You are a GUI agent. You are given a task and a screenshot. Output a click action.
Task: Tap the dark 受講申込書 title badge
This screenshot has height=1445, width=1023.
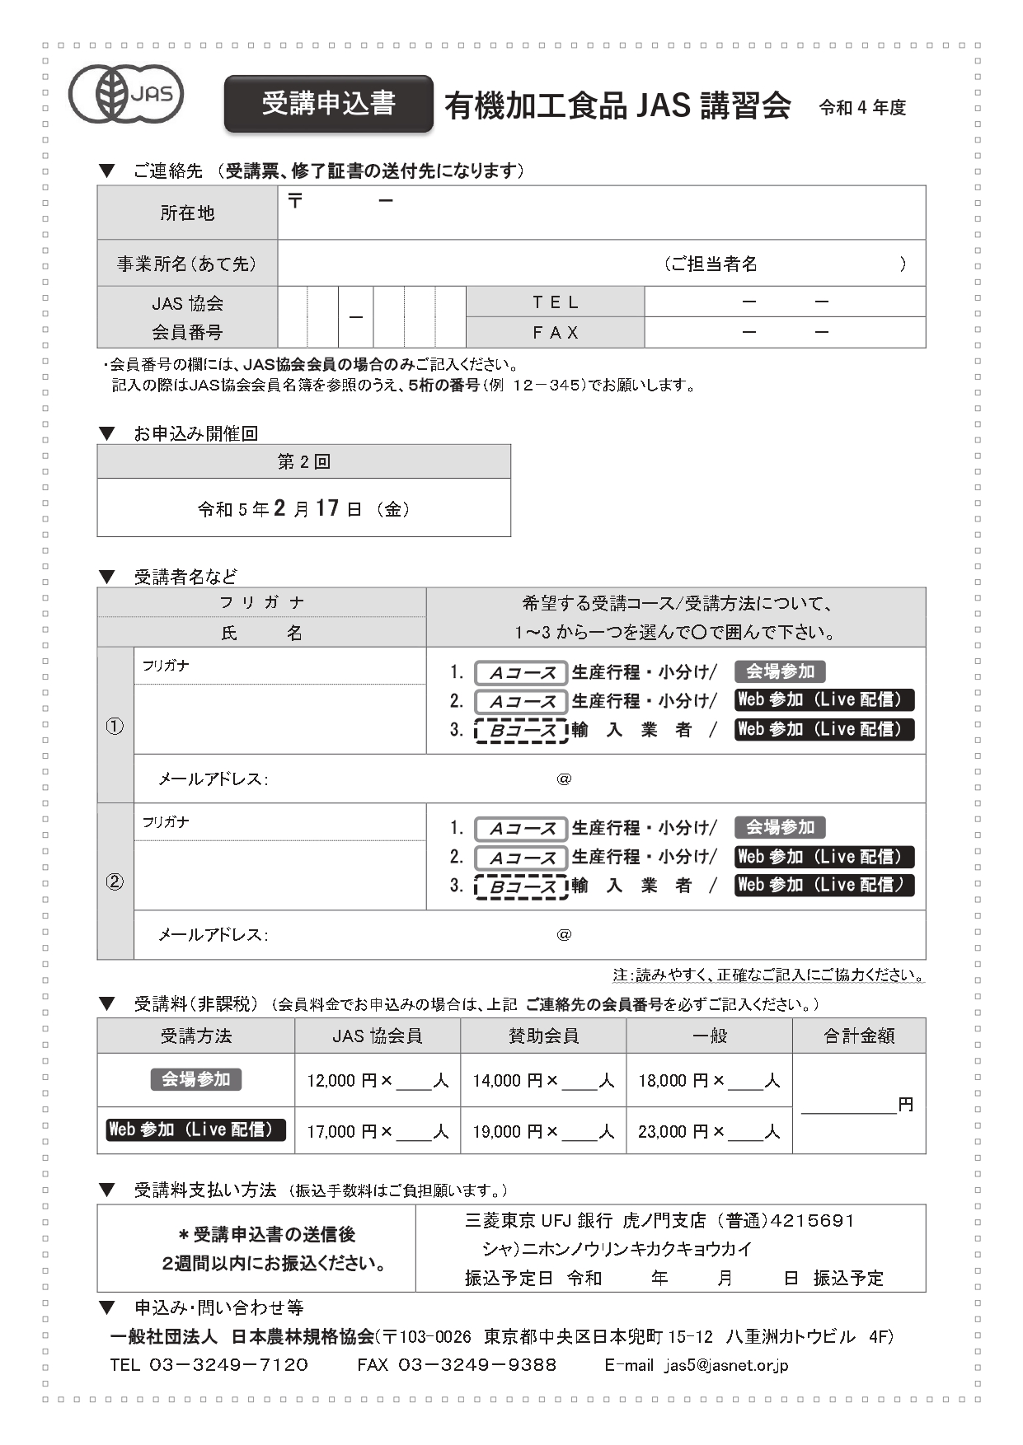pos(328,104)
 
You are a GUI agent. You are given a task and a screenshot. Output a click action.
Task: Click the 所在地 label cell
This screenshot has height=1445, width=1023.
pos(187,213)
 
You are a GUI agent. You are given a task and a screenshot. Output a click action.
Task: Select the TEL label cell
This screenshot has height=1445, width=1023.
pos(555,302)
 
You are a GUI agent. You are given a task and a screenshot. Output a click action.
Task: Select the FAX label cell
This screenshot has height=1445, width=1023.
pos(555,333)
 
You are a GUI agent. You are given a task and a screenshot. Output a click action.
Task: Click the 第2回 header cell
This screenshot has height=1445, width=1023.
pos(303,462)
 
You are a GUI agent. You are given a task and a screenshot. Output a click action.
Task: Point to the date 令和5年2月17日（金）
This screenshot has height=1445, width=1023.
pos(303,508)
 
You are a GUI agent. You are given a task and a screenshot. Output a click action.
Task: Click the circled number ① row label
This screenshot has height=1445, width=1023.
pos(115,726)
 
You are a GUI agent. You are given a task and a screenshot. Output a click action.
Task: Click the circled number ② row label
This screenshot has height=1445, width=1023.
pos(115,881)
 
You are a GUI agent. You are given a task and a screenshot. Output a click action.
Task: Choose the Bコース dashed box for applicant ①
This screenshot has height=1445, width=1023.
pos(521,731)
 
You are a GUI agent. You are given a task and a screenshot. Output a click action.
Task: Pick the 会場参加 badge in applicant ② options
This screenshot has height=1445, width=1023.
pos(779,827)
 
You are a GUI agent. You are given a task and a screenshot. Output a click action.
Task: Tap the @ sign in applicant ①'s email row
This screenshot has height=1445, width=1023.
pos(564,779)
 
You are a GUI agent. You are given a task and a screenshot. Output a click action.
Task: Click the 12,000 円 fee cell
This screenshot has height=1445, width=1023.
pos(378,1080)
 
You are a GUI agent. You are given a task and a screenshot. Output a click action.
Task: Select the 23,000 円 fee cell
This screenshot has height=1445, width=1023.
pos(709,1131)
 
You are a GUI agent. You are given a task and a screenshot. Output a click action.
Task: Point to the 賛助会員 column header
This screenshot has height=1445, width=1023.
pos(543,1036)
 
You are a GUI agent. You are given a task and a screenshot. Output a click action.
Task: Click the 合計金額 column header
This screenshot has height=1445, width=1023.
pos(859,1036)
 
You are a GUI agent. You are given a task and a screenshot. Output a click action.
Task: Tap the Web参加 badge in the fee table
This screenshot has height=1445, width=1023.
pos(196,1129)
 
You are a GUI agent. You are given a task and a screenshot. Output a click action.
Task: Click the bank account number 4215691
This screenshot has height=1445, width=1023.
pos(814,1220)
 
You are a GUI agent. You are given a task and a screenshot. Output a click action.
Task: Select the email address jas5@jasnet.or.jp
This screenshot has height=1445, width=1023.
pos(726,1365)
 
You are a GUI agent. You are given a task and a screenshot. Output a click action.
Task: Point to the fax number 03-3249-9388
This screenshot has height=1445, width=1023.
pos(477,1365)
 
